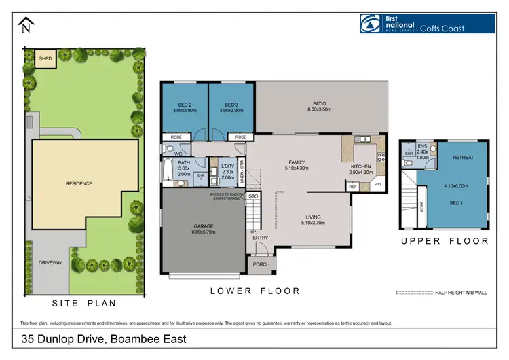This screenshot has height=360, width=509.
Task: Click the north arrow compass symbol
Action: tap(26, 26)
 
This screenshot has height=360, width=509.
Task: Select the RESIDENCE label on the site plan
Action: tap(79, 183)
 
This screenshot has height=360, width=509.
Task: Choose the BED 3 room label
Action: tap(231, 105)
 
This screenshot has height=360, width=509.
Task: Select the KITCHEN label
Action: tap(360, 166)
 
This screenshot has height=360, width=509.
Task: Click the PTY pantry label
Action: tap(378, 184)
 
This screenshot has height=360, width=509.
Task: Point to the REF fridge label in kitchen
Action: tap(354, 186)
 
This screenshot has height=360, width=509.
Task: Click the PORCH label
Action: tap(261, 265)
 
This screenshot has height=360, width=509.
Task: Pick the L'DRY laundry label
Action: tap(227, 166)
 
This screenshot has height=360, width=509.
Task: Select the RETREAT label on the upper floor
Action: tap(463, 157)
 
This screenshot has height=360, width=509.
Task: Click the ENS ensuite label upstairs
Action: tap(422, 146)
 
